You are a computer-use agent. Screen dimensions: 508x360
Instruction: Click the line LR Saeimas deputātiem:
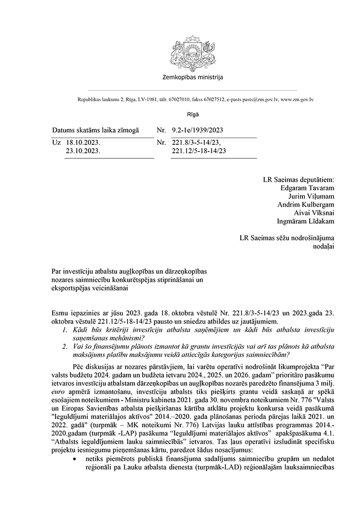tap(298, 180)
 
